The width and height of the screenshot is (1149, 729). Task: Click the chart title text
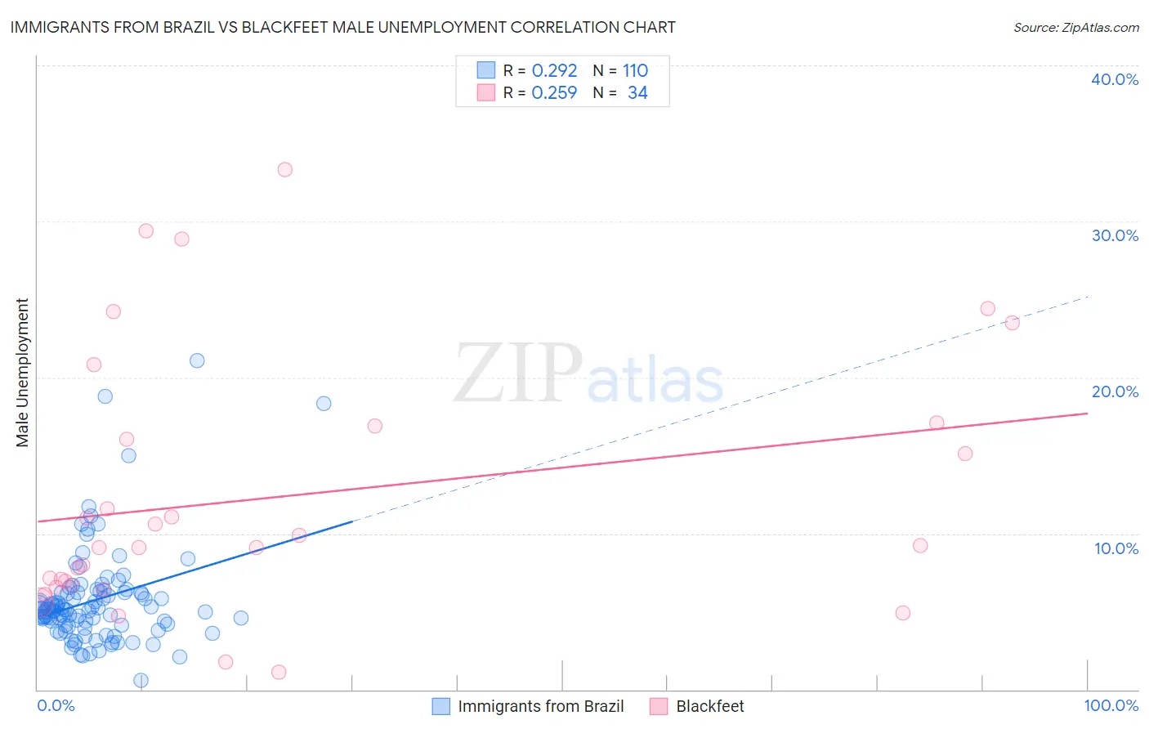tap(342, 27)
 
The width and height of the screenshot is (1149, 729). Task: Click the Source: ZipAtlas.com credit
tap(1075, 27)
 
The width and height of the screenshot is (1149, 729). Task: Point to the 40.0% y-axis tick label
tap(1114, 79)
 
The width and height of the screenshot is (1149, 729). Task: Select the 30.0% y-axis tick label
tap(1114, 235)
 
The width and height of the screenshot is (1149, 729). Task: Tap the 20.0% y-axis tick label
tap(1114, 391)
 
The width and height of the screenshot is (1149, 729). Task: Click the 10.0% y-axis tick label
tap(1115, 548)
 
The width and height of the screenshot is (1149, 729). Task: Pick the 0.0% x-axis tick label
tap(56, 705)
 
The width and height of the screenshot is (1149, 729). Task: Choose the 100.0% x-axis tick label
tap(1111, 705)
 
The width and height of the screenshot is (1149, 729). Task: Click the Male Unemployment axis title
tap(22, 373)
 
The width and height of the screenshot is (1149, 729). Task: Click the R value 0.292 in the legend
tap(554, 71)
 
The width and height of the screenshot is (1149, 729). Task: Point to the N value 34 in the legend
tap(637, 93)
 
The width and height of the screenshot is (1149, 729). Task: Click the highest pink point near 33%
tap(284, 170)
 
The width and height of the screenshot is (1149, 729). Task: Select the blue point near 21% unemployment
tap(197, 360)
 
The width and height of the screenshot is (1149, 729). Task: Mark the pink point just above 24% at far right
tap(987, 309)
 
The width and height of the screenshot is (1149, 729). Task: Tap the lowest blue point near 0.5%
tap(141, 680)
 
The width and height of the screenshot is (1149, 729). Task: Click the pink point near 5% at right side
tap(902, 613)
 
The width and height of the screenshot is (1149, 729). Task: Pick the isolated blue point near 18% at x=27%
tap(324, 404)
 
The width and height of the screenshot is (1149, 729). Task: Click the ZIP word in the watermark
tap(517, 374)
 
